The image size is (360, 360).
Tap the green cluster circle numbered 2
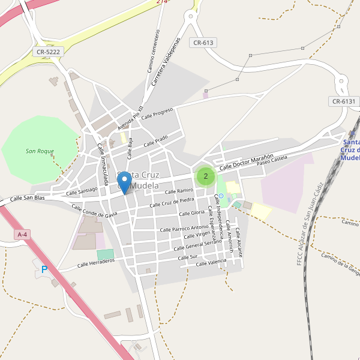point(206,176)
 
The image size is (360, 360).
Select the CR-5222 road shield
point(49,52)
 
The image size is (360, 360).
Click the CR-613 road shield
point(203,43)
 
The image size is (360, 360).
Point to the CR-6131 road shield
point(344,101)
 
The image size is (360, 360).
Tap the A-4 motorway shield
point(23,235)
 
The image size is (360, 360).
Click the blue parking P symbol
point(44,270)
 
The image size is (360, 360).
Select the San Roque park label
point(40,151)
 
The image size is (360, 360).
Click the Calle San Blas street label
point(28,198)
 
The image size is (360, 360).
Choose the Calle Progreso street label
point(157,113)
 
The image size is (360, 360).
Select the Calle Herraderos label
point(96,263)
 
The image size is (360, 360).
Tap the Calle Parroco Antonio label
point(184,228)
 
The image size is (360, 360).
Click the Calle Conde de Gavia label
point(94,211)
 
